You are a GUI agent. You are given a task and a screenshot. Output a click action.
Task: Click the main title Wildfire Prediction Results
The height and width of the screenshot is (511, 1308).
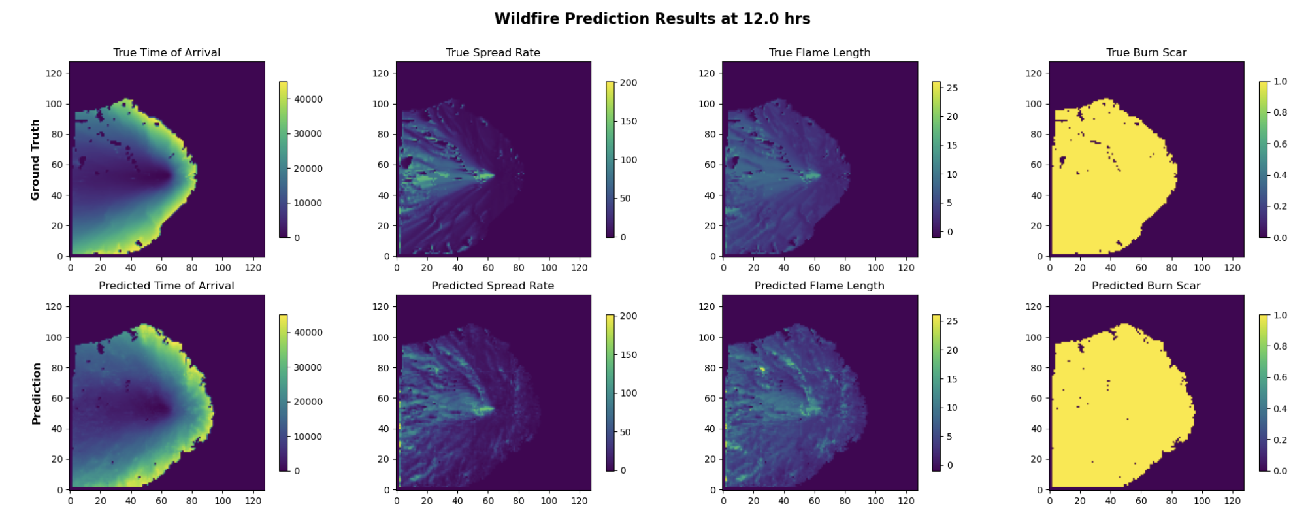pyautogui.click(x=651, y=19)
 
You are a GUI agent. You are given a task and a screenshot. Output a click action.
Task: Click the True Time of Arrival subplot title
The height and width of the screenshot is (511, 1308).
pyautogui.click(x=167, y=53)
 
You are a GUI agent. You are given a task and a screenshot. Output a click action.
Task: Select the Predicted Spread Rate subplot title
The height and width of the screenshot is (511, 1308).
pyautogui.click(x=493, y=286)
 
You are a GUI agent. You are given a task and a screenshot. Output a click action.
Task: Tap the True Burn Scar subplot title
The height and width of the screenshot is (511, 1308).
pyautogui.click(x=1146, y=53)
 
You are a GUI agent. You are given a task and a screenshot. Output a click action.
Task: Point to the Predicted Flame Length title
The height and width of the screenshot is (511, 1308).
pyautogui.click(x=819, y=286)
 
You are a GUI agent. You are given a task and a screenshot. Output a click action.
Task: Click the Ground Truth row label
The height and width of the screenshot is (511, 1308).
pyautogui.click(x=35, y=159)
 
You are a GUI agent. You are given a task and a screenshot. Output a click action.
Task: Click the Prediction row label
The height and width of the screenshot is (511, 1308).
pyautogui.click(x=37, y=393)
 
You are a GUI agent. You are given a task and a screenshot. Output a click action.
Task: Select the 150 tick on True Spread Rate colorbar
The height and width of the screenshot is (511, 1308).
pyautogui.click(x=628, y=122)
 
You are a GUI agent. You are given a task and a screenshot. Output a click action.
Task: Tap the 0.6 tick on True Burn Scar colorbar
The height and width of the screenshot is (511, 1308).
pyautogui.click(x=1281, y=144)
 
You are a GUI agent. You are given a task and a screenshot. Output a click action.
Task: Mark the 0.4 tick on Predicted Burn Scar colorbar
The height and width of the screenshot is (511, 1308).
pyautogui.click(x=1281, y=409)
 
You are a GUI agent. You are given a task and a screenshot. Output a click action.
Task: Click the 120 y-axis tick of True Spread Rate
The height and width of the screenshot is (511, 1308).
pyautogui.click(x=380, y=73)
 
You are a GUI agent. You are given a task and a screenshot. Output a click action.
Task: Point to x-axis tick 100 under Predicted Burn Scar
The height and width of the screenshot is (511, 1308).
pyautogui.click(x=1202, y=501)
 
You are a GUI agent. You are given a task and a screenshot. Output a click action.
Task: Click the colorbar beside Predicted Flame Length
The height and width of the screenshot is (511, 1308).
pyautogui.click(x=936, y=393)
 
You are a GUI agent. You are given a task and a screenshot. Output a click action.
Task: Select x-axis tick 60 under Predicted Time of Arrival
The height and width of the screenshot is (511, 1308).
pyautogui.click(x=161, y=501)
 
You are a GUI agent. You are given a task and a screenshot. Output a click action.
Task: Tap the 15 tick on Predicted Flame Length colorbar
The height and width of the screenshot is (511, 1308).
pyautogui.click(x=952, y=379)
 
